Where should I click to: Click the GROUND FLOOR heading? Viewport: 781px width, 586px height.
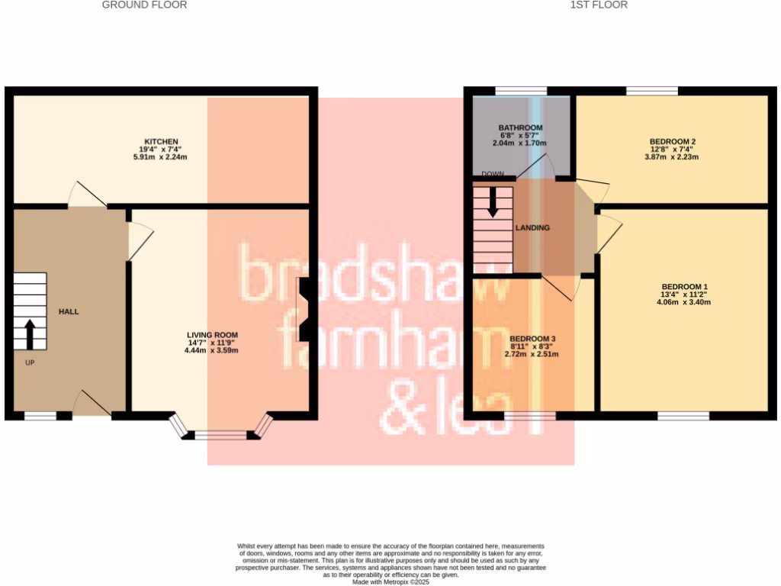[144, 5]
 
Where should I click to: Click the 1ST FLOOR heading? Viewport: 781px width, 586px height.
[599, 5]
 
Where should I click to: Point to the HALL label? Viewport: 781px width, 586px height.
[69, 311]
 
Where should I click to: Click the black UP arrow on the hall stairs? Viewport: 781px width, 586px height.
[30, 333]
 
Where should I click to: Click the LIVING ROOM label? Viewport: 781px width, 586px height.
[213, 335]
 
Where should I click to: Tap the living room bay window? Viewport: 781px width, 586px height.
[220, 435]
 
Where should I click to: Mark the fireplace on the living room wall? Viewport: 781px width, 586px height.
[303, 309]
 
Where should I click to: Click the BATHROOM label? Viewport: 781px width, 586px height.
[520, 127]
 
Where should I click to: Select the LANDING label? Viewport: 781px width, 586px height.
[532, 228]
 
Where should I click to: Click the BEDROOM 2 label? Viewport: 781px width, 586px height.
[672, 142]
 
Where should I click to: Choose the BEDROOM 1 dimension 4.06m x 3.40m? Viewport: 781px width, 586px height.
[684, 301]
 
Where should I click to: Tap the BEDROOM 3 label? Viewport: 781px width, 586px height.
[532, 339]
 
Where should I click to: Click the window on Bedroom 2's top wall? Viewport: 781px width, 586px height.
[652, 91]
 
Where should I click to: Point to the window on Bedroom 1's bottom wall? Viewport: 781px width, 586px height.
[683, 416]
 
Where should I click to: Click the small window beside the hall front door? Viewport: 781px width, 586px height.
[40, 416]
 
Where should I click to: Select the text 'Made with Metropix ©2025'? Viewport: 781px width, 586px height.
[390, 581]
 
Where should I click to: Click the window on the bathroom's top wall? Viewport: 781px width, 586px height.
[520, 91]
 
